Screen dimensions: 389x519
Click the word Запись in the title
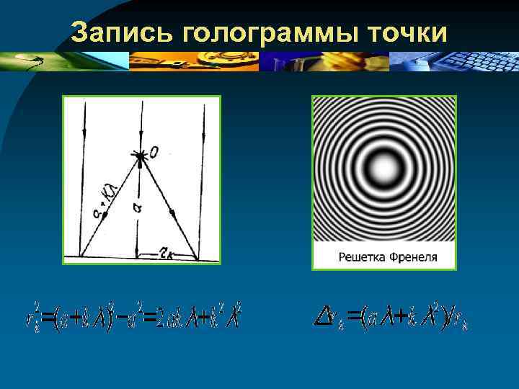pos(123,32)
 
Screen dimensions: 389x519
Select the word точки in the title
pos(405,32)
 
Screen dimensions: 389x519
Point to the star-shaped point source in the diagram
pos(138,155)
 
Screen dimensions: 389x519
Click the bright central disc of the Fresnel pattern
pos(383,169)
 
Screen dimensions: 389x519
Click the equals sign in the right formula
pos(354,315)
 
